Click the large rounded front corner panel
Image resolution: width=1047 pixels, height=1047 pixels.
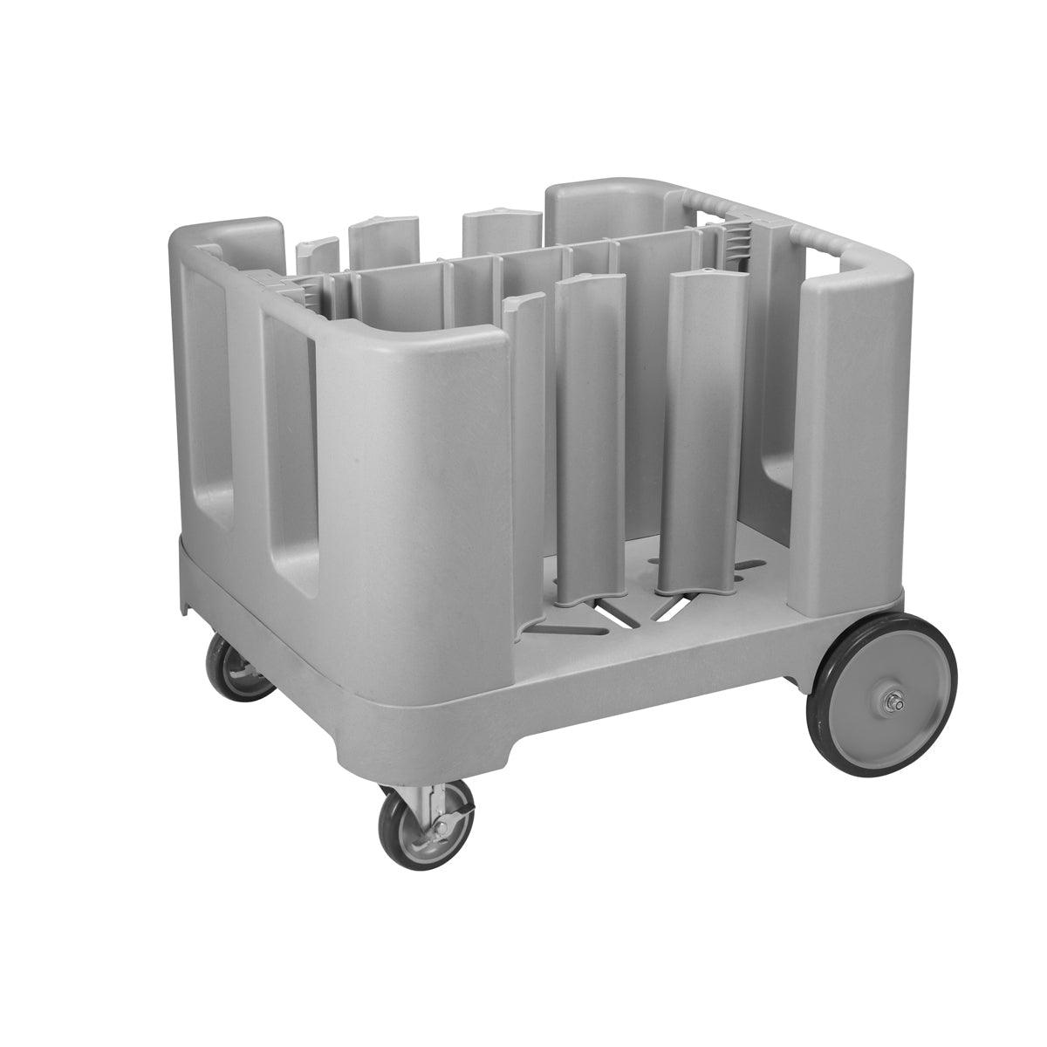click(x=410, y=489)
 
